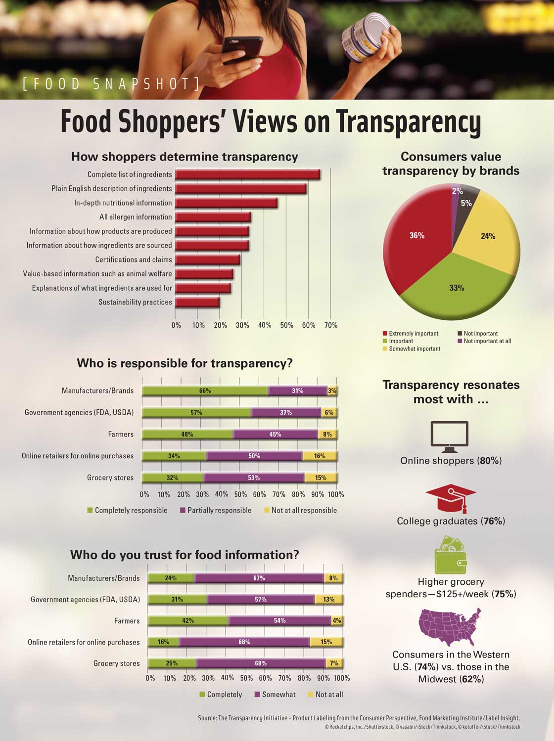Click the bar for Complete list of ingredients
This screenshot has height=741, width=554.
point(247,174)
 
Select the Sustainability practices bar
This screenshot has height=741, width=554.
point(197,303)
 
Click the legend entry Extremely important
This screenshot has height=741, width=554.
point(410,334)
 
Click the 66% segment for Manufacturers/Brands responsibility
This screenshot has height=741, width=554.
point(205,391)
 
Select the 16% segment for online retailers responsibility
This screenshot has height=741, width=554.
point(320,456)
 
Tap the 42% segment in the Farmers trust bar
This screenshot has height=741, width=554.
point(188,621)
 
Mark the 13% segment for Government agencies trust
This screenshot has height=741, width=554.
point(328,600)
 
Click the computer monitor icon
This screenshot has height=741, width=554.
point(449,436)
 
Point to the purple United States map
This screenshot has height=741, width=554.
point(450,627)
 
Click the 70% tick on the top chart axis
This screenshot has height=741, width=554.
point(331,325)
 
